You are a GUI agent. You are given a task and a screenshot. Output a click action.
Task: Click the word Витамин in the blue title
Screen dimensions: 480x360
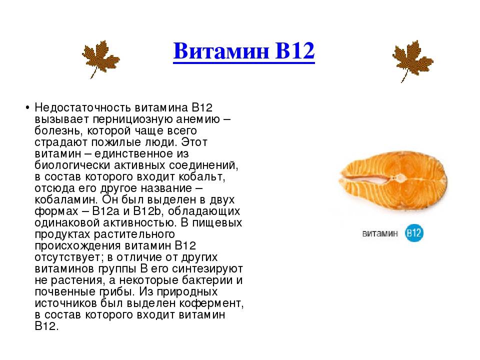pos(221,51)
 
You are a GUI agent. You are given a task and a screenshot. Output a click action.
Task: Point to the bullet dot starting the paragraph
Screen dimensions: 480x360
pos(27,108)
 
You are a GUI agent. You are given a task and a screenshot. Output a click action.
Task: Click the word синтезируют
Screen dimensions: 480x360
pos(207,269)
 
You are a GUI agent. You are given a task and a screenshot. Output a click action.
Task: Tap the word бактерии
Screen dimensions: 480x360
pos(207,280)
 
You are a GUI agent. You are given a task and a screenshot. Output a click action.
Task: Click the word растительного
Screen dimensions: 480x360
pos(134,234)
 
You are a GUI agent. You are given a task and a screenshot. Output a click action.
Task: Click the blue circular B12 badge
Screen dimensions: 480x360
pos(414,233)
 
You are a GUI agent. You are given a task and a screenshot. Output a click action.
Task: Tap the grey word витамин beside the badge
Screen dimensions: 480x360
pos(380,233)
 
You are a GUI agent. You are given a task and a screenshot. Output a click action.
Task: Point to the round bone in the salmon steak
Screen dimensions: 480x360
pos(400,177)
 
